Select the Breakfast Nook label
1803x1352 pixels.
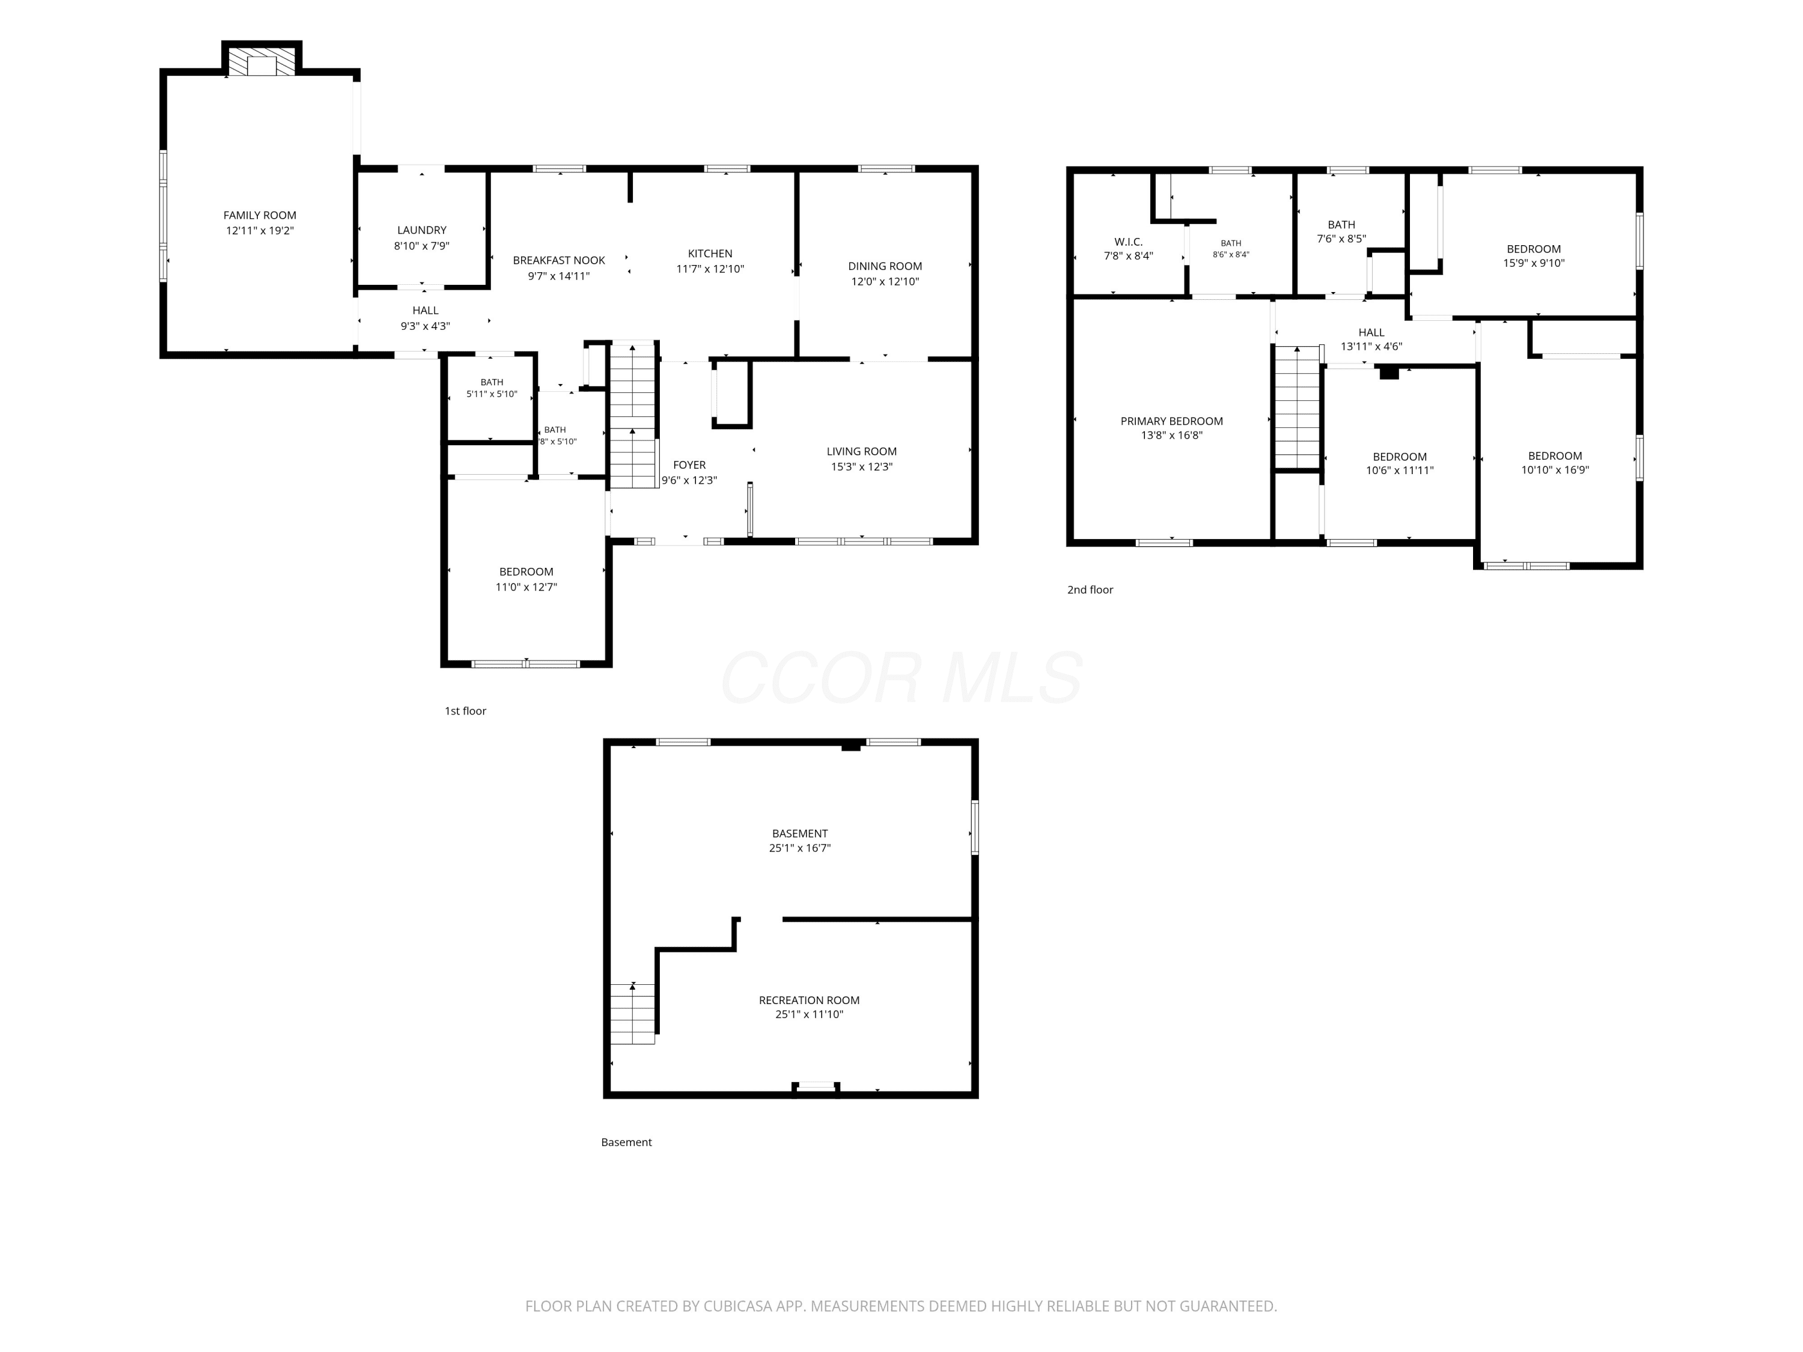click(559, 261)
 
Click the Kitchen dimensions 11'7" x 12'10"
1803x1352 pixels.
click(710, 269)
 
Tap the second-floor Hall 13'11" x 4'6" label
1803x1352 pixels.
click(1372, 339)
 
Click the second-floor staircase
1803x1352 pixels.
click(1298, 407)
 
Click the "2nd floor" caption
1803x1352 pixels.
click(1091, 590)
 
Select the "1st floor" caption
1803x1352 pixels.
click(465, 711)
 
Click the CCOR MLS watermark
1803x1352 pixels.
click(901, 678)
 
